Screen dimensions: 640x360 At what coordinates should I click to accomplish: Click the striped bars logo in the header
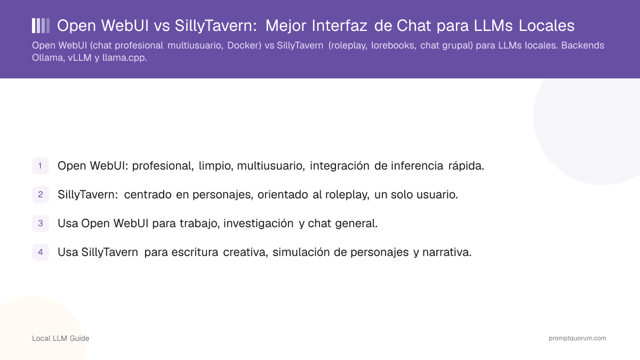(x=41, y=26)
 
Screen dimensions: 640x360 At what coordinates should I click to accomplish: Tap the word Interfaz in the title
(x=339, y=26)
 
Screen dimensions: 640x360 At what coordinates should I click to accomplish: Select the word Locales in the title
(x=546, y=26)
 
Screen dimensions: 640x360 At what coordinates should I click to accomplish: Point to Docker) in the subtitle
(x=244, y=45)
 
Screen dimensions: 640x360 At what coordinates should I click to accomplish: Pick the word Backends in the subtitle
(x=582, y=45)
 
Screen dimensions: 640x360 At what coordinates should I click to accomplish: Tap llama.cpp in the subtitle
(x=125, y=58)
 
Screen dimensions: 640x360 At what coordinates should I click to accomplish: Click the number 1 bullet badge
(x=41, y=166)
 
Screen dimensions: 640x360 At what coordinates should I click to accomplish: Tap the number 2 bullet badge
(x=41, y=195)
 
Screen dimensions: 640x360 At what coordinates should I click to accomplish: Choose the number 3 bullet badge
(x=41, y=223)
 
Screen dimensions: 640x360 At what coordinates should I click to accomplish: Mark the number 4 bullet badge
(x=41, y=252)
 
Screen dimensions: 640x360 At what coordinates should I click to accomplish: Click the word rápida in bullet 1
(x=466, y=166)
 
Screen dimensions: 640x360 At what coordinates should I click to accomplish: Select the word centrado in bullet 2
(x=148, y=195)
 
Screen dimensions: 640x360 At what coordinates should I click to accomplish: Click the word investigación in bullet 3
(x=258, y=223)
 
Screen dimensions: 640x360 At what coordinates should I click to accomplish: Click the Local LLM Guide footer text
(x=61, y=338)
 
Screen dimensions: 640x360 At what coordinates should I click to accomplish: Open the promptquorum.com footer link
(x=577, y=338)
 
